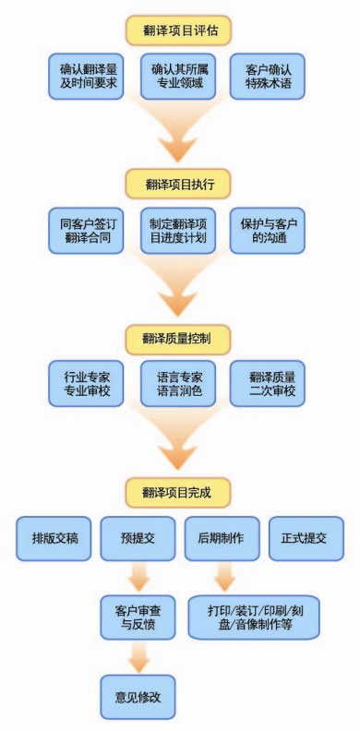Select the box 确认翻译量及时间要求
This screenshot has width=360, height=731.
pos(89,77)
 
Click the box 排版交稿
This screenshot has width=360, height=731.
pos(54,539)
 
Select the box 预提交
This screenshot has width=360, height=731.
pos(138,539)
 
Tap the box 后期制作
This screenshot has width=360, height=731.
pos(222,539)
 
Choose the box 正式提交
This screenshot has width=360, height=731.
pos(306,539)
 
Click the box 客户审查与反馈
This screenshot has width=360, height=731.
pos(138,617)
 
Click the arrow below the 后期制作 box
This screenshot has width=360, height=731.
pos(222,578)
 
